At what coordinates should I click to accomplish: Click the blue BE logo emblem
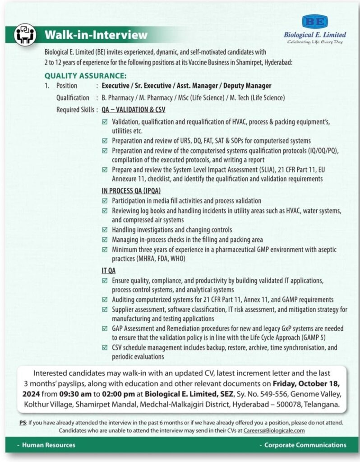click(315, 22)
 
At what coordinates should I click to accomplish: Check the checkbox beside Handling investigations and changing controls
click(105, 230)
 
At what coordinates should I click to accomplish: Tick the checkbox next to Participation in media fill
click(105, 201)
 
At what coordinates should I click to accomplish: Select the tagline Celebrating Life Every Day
click(315, 42)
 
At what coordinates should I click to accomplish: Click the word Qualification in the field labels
click(73, 97)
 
